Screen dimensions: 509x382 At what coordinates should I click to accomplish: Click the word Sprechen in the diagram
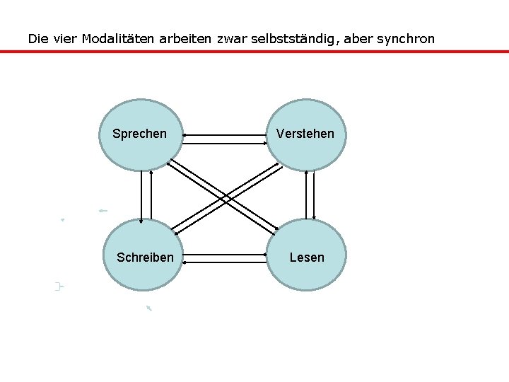click(140, 134)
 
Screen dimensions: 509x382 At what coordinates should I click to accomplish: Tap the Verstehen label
click(305, 134)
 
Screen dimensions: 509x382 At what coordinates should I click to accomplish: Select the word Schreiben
click(145, 257)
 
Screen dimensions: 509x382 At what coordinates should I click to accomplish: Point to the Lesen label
click(307, 257)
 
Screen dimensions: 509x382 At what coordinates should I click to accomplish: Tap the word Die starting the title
click(37, 38)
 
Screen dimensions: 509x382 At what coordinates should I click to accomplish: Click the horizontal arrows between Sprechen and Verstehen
click(225, 138)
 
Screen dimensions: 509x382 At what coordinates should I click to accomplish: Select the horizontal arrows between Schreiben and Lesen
click(225, 257)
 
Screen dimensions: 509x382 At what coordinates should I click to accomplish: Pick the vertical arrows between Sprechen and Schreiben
click(146, 195)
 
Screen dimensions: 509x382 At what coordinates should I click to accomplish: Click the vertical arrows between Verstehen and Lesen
click(310, 195)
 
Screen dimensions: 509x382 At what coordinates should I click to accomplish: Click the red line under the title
click(255, 51)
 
